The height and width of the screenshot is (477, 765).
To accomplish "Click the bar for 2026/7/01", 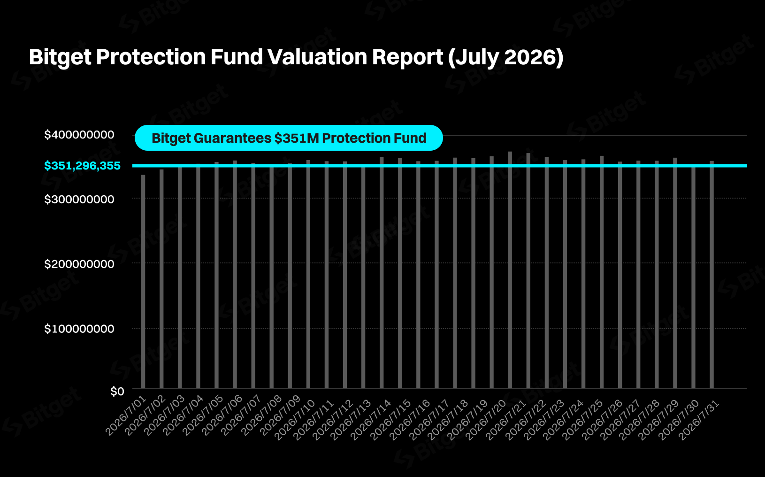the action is (x=143, y=282).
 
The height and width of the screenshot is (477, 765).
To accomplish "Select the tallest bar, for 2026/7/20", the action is (x=510, y=270).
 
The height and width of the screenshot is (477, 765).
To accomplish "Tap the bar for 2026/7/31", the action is (x=711, y=275).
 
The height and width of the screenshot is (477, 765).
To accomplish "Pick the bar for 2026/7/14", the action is (x=382, y=273).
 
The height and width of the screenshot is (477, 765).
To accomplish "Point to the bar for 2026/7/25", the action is (x=602, y=272).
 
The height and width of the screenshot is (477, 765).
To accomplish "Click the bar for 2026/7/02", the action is (x=161, y=279).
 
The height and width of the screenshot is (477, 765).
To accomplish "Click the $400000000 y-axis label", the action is (x=79, y=135).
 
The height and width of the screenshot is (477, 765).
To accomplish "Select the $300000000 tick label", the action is (x=79, y=199).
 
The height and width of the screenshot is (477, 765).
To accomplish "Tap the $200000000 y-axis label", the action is (x=79, y=264).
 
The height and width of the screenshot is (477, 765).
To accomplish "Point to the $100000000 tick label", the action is (x=79, y=329).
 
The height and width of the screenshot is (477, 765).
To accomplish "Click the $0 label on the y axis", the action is (x=117, y=392).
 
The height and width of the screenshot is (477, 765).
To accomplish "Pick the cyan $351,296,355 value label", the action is (x=82, y=166).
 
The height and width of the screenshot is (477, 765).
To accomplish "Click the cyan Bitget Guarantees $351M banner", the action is (x=289, y=138).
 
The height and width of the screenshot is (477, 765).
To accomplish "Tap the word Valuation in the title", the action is (x=317, y=57).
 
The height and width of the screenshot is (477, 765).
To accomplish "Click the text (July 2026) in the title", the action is (x=505, y=57).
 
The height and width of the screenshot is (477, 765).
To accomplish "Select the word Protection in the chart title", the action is (x=151, y=57).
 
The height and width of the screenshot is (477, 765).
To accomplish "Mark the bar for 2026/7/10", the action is (x=308, y=274).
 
